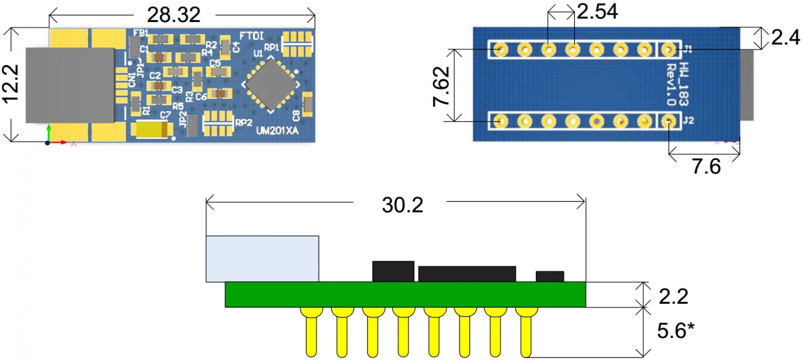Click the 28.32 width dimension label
click(173, 15)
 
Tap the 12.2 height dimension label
click(11, 84)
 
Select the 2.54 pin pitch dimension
click(597, 12)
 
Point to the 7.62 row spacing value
click(442, 86)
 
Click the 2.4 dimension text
click(785, 38)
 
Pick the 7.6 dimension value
click(706, 166)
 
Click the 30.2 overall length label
click(402, 205)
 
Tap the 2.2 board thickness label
click(673, 296)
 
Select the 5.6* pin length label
click(675, 331)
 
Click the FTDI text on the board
click(251, 36)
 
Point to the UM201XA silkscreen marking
click(277, 131)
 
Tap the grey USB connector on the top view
click(70, 85)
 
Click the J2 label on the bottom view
click(688, 121)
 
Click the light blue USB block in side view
click(262, 259)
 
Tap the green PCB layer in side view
click(405, 294)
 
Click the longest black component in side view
click(467, 274)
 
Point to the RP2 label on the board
click(244, 122)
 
